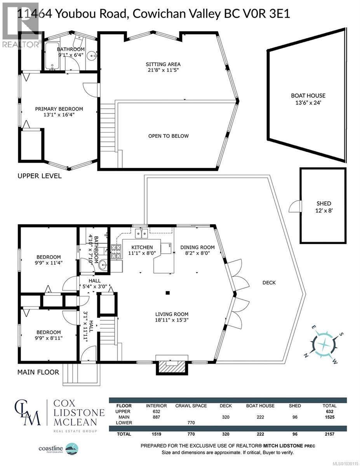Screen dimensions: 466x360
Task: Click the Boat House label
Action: click(x=308, y=96)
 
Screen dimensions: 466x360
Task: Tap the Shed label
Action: click(x=323, y=203)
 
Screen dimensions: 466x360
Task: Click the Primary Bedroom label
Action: click(x=59, y=109)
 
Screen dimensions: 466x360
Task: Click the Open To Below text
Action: click(x=168, y=136)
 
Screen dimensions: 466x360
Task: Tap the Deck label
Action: click(x=269, y=283)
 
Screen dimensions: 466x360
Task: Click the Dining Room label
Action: click(x=198, y=247)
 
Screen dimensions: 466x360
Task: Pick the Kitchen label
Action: click(x=142, y=247)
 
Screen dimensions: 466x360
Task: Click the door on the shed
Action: click(x=297, y=206)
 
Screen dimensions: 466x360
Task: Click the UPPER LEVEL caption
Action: click(x=39, y=176)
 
